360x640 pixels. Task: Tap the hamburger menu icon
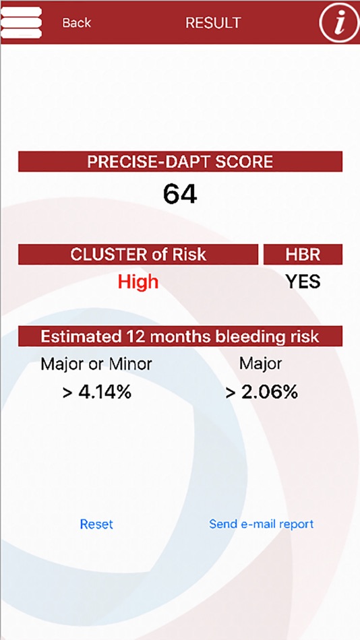(21, 22)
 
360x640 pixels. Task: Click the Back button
(76, 23)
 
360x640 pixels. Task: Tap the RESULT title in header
(213, 23)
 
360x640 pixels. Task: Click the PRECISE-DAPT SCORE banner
(180, 162)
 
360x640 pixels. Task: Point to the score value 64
(180, 195)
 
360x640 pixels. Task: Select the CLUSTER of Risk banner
(138, 255)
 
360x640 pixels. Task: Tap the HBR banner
(303, 255)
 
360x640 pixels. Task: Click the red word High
(138, 282)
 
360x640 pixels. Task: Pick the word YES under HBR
(303, 282)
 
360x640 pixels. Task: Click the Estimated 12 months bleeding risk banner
(180, 336)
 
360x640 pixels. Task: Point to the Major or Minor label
(96, 364)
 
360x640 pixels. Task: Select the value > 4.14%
(96, 392)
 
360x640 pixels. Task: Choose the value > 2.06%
(261, 392)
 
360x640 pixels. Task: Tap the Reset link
(96, 524)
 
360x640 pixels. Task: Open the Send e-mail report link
(261, 524)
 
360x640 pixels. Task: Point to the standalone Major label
(260, 364)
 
